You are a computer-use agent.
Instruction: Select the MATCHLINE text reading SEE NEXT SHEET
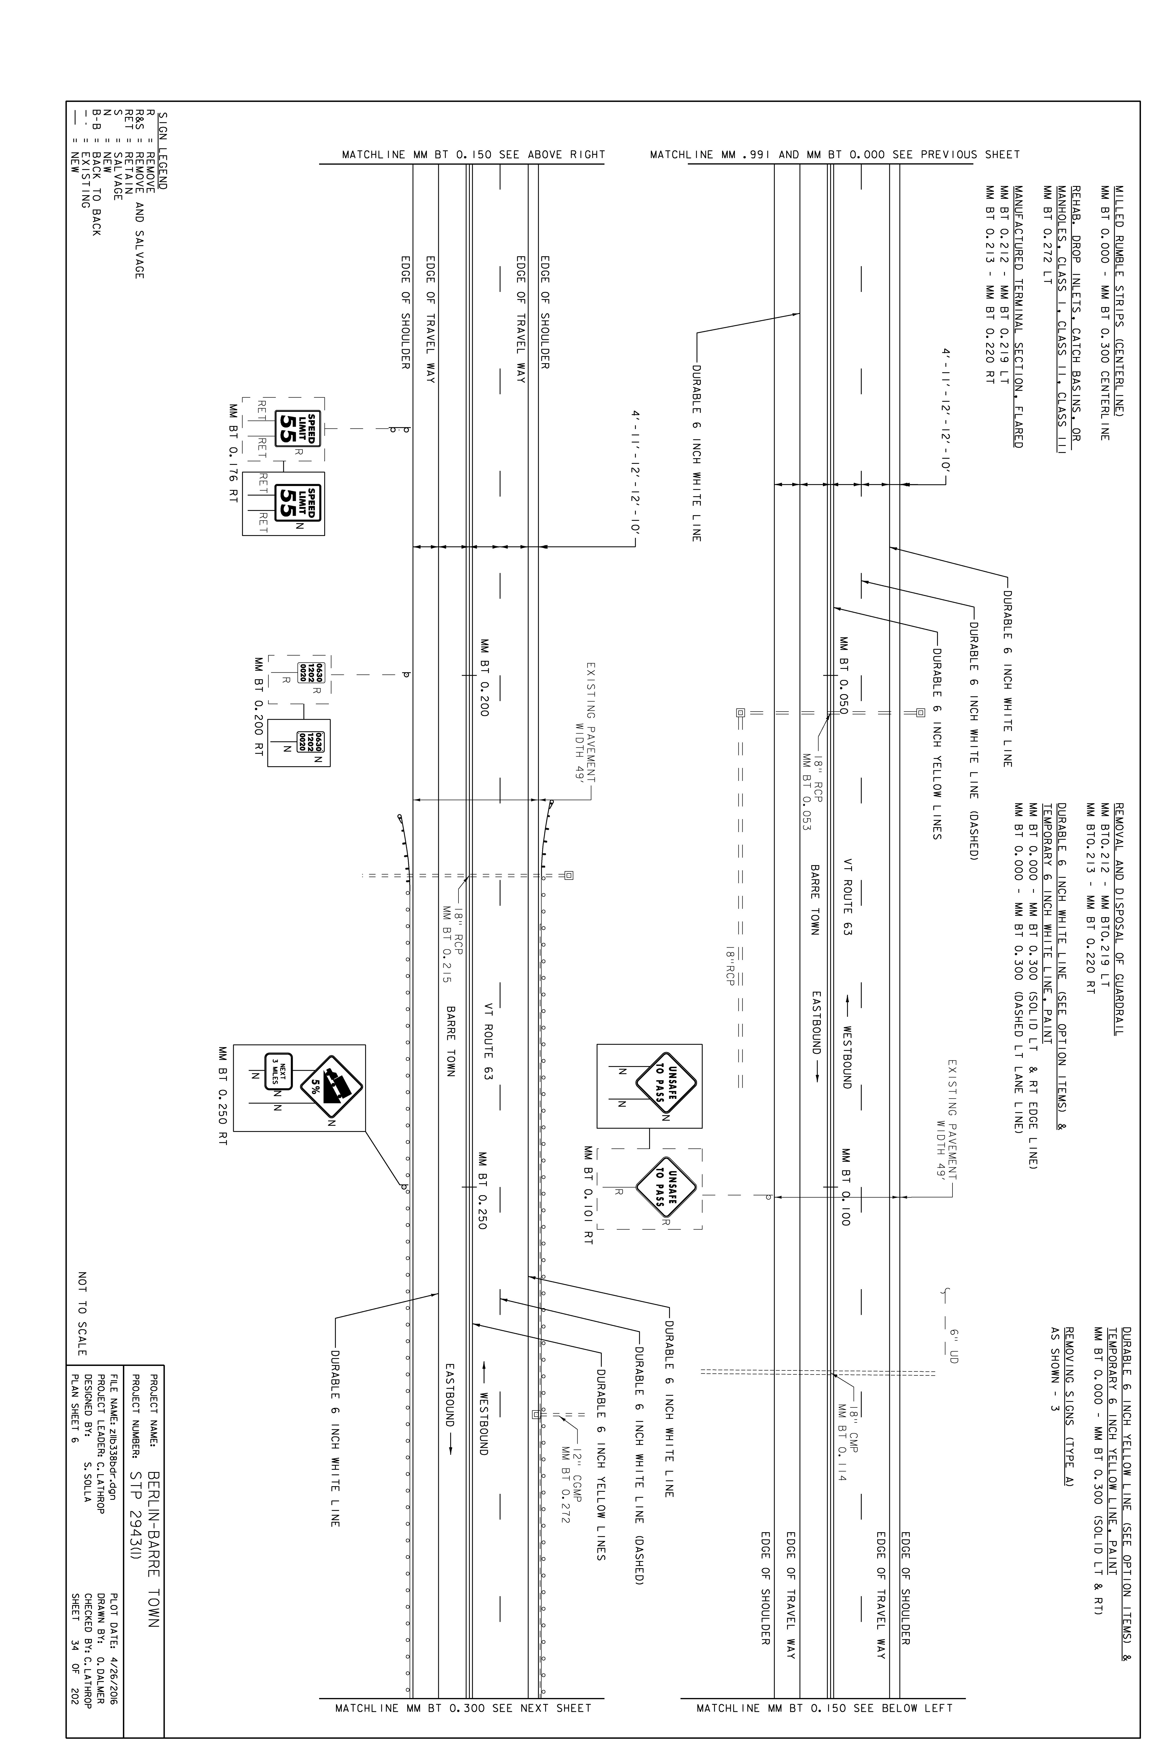(463, 1702)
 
